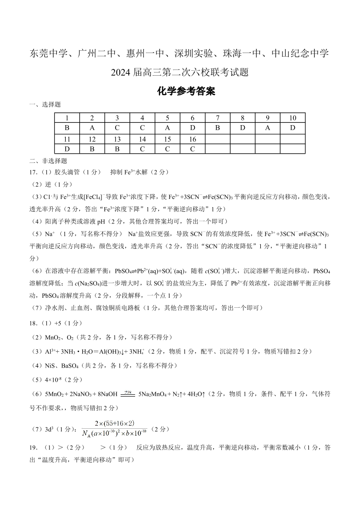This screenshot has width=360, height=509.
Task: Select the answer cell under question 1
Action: (x=67, y=128)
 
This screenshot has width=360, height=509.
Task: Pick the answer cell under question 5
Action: (x=167, y=128)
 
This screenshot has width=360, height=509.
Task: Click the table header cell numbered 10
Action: (x=292, y=118)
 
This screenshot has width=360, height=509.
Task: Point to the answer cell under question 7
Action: (x=218, y=128)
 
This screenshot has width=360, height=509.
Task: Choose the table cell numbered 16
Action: (x=192, y=139)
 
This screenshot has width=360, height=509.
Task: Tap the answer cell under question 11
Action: (x=67, y=149)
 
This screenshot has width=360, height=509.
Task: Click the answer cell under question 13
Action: (x=117, y=149)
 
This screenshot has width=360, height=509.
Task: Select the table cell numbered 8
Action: (x=243, y=118)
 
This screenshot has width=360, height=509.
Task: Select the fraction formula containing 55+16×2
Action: (x=114, y=428)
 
